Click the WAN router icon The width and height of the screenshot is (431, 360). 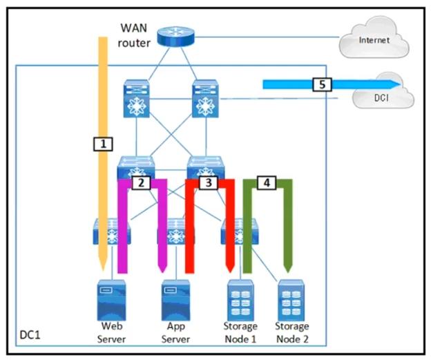(172, 36)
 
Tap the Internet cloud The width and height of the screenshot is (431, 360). (374, 40)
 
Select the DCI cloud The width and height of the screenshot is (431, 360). (382, 97)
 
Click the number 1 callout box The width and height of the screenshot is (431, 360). (102, 144)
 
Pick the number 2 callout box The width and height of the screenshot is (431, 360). (141, 183)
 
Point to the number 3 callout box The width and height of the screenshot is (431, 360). (208, 183)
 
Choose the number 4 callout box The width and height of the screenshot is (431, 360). (267, 182)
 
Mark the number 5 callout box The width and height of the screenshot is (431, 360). (320, 84)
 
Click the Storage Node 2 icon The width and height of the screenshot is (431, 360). (291, 298)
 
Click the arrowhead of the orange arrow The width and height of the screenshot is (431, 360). (102, 266)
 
